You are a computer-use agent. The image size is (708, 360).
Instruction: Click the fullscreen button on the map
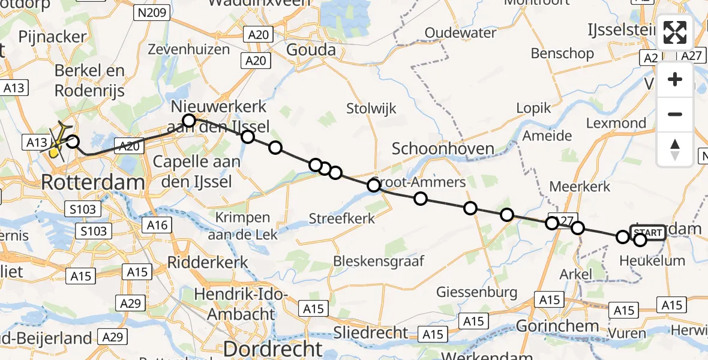pyautogui.click(x=675, y=32)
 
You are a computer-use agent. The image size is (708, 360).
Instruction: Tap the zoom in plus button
pyautogui.click(x=675, y=80)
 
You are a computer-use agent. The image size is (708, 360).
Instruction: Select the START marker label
pyautogui.click(x=648, y=233)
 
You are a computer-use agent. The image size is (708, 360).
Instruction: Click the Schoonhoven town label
pyautogui.click(x=443, y=149)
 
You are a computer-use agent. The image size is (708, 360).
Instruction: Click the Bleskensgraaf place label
pyautogui.click(x=378, y=261)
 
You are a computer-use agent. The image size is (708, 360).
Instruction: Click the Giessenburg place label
pyautogui.click(x=477, y=292)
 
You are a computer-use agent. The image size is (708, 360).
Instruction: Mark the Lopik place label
pyautogui.click(x=533, y=108)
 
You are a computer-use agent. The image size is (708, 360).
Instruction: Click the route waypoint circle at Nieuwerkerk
pyautogui.click(x=189, y=121)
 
